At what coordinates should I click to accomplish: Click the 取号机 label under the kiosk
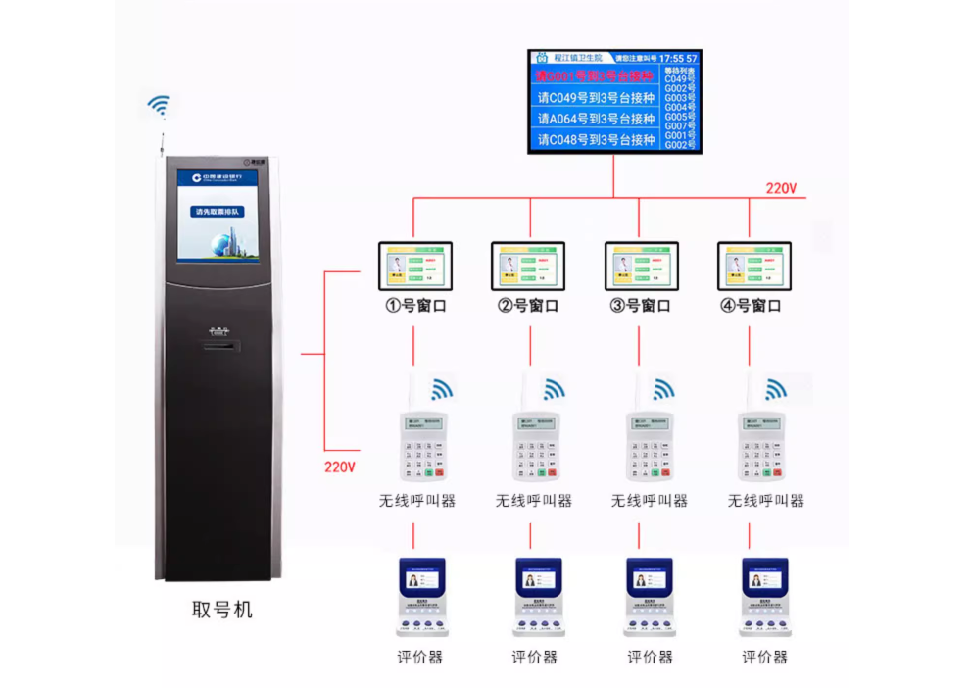[x=221, y=610]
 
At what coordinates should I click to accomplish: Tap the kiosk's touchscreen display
[x=218, y=216]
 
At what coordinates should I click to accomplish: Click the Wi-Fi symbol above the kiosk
[x=159, y=105]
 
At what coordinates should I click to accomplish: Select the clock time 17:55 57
[x=678, y=59]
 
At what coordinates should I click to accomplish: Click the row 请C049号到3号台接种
[x=595, y=97]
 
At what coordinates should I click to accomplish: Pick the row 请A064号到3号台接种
[x=595, y=119]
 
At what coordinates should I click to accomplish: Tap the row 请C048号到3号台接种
[x=595, y=140]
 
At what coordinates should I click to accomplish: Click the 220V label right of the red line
[x=782, y=188]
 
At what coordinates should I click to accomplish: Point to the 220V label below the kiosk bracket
[x=340, y=467]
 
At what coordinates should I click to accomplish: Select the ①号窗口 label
[x=416, y=306]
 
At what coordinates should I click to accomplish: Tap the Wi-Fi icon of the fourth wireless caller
[x=776, y=389]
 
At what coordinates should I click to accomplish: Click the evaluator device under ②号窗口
[x=538, y=597]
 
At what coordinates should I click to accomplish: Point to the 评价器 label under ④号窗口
[x=764, y=657]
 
